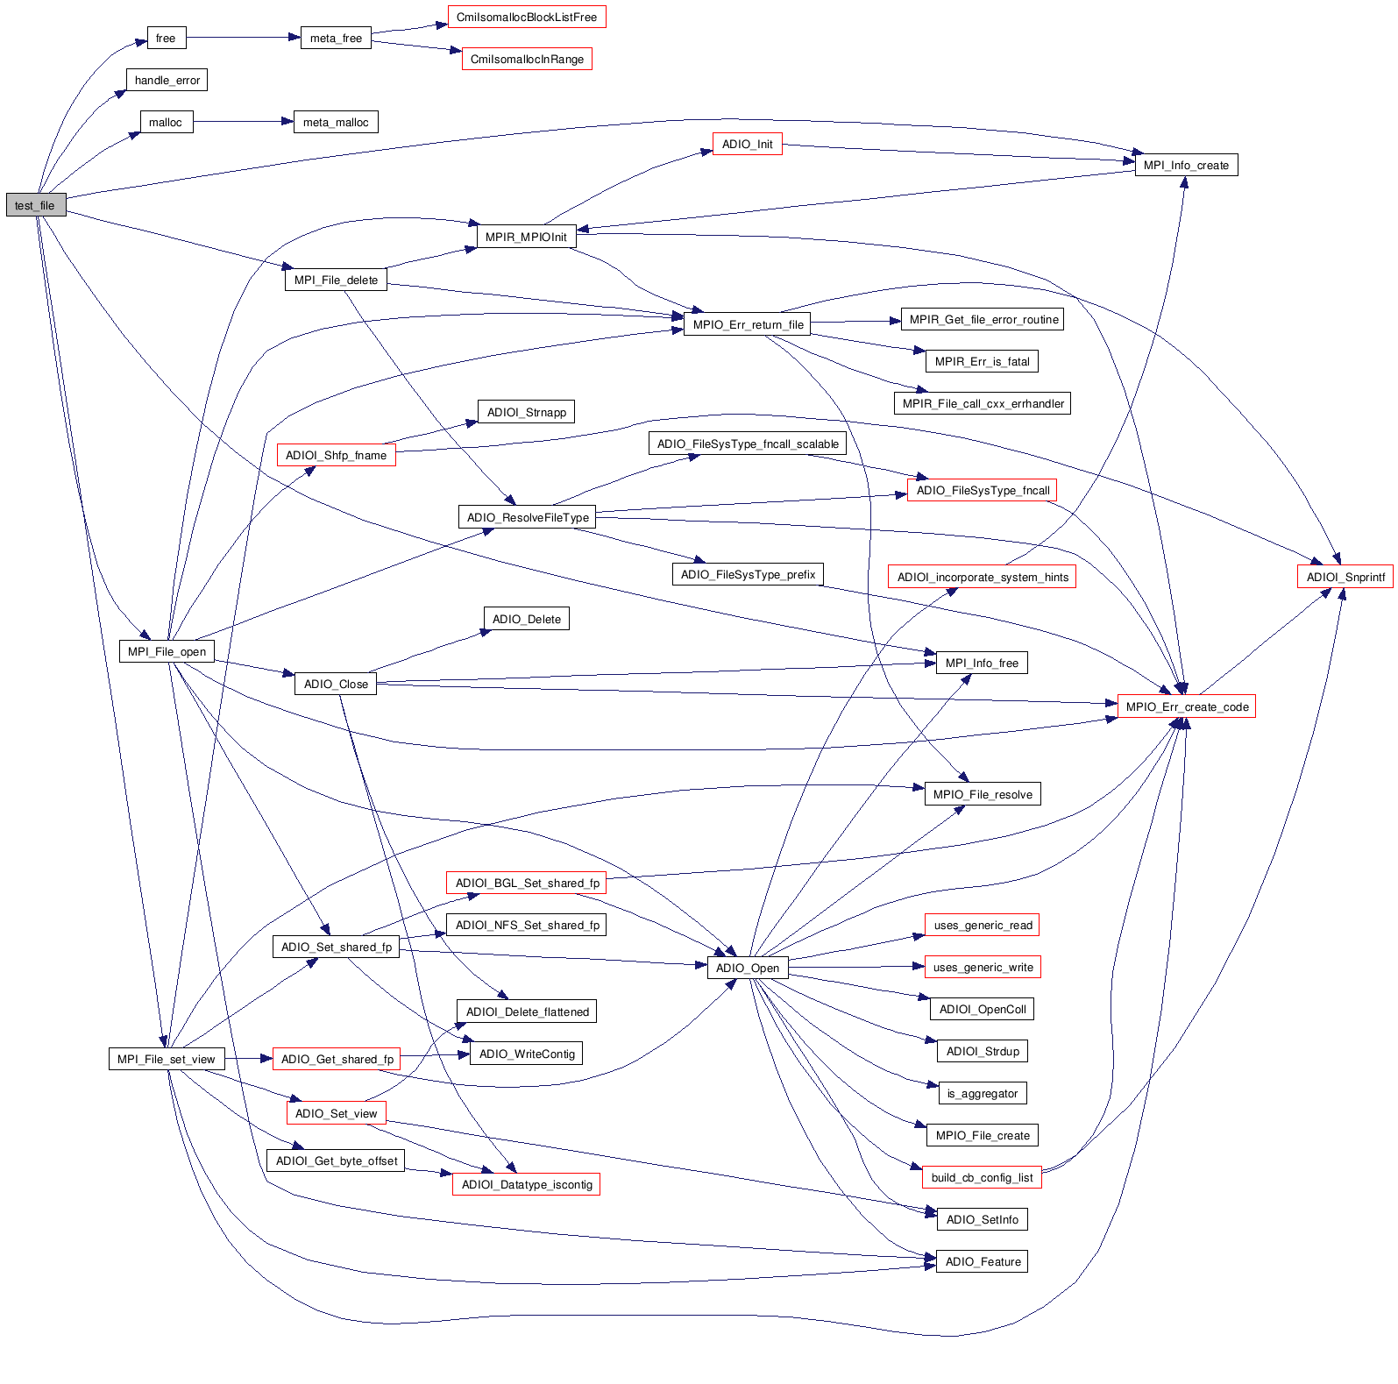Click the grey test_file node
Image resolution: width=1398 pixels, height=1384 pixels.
pos(35,205)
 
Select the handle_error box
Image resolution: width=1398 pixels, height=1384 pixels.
pos(167,81)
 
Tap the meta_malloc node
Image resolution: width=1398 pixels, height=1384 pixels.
pos(336,123)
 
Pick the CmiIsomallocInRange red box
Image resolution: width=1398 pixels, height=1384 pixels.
pos(527,60)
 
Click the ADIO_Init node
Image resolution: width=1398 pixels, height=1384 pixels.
pos(747,145)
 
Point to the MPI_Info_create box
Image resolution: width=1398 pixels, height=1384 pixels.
pos(1186,166)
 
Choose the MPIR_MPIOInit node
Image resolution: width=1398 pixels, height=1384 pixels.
pos(526,237)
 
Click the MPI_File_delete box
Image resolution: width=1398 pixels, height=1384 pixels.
pos(336,280)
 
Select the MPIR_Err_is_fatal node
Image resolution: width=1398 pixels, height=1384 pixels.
pos(982,362)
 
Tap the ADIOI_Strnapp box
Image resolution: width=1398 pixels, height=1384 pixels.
pos(526,413)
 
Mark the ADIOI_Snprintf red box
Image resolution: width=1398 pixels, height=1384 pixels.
pos(1345,578)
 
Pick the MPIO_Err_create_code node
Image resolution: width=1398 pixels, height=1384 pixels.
pos(1187,707)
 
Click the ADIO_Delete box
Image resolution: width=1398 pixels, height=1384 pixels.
pos(526,620)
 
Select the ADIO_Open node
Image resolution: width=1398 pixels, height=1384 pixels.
pos(747,969)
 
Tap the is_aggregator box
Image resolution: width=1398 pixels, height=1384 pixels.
pos(982,1094)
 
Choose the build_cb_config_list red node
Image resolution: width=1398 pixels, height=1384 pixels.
pos(982,1178)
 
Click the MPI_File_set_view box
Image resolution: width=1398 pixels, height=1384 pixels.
pos(166,1060)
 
